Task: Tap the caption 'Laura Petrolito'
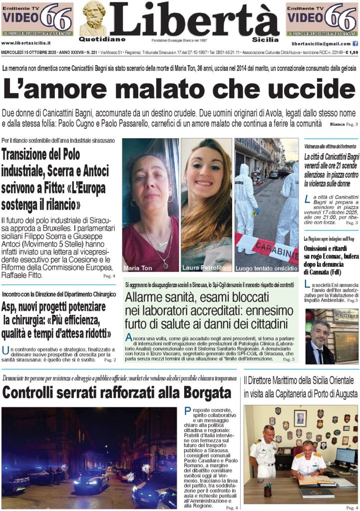[204, 267]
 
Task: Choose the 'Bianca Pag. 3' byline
[344, 123]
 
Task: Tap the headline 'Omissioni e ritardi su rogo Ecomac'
[331, 261]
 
